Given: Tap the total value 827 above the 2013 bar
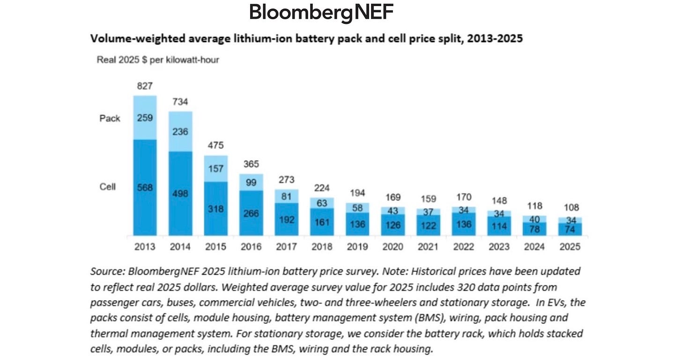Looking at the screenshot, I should [145, 86].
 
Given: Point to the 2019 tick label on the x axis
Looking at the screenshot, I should [357, 247].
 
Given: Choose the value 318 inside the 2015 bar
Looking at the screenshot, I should [216, 209].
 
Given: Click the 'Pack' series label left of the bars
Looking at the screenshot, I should [110, 118].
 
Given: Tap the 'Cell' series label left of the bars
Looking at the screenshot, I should [108, 186].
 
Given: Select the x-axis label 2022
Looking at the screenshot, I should [464, 247].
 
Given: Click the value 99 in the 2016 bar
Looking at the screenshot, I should [251, 182].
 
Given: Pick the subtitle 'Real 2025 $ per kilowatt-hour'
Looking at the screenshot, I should [158, 60].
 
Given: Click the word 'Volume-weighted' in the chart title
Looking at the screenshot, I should [130, 39].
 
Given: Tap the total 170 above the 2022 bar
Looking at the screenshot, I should [464, 197].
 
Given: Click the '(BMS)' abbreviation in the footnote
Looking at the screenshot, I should [426, 317].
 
